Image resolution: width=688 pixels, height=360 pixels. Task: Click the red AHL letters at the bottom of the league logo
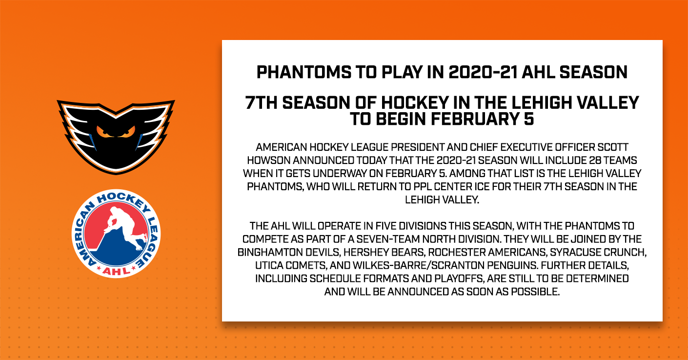point(116,271)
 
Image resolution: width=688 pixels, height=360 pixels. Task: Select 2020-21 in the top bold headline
point(483,73)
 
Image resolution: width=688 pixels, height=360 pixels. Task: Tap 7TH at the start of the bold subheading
point(261,103)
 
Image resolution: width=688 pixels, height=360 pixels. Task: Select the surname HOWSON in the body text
point(268,160)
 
